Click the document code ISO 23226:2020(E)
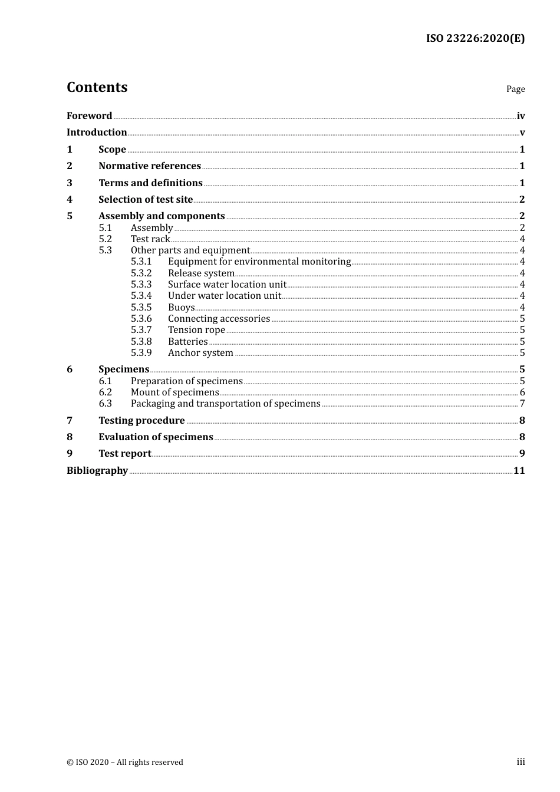475,38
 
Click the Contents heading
97,87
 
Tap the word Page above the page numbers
515,89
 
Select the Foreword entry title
89,116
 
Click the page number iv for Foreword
521,116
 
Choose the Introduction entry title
97,133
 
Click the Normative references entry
150,166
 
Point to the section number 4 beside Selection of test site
70,200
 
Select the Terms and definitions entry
150,183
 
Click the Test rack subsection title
150,239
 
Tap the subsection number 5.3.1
141,262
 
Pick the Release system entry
201,273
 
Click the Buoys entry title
181,308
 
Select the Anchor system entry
200,353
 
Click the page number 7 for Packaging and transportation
522,404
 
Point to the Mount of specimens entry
174,392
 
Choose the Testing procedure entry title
141,421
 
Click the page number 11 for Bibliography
519,471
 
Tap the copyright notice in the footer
125,763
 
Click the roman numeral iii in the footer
521,762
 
